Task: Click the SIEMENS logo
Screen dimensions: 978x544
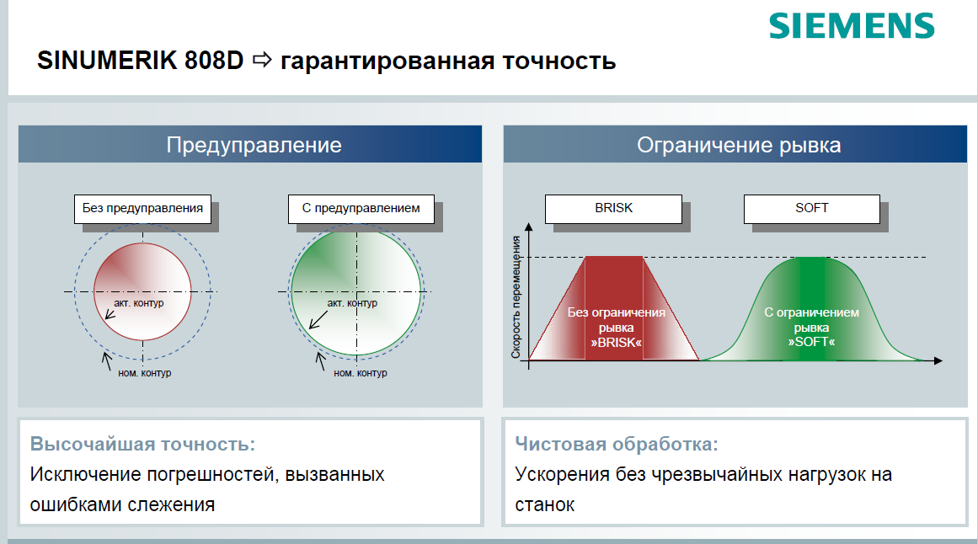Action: click(852, 25)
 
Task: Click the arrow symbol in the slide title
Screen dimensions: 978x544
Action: click(262, 60)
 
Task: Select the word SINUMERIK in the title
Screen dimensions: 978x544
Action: click(107, 61)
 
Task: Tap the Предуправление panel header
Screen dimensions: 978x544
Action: click(250, 144)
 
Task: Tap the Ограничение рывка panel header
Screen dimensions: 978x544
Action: click(735, 144)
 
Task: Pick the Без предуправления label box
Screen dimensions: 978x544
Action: click(142, 208)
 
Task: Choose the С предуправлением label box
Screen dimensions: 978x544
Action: click(361, 208)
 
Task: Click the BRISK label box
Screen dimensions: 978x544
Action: click(613, 208)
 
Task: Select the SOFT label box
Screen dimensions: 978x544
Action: click(811, 208)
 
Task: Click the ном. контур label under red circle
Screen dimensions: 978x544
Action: click(144, 373)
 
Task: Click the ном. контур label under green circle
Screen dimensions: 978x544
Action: click(360, 373)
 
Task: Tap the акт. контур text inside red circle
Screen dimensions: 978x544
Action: click(138, 303)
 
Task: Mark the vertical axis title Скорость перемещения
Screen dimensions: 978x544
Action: click(516, 297)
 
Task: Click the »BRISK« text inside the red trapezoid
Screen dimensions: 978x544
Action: click(617, 343)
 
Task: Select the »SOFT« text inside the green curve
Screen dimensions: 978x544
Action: click(811, 342)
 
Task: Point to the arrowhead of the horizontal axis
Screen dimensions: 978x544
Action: click(938, 360)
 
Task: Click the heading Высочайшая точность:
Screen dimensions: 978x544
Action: click(142, 444)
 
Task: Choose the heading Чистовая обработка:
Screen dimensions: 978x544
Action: click(617, 444)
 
